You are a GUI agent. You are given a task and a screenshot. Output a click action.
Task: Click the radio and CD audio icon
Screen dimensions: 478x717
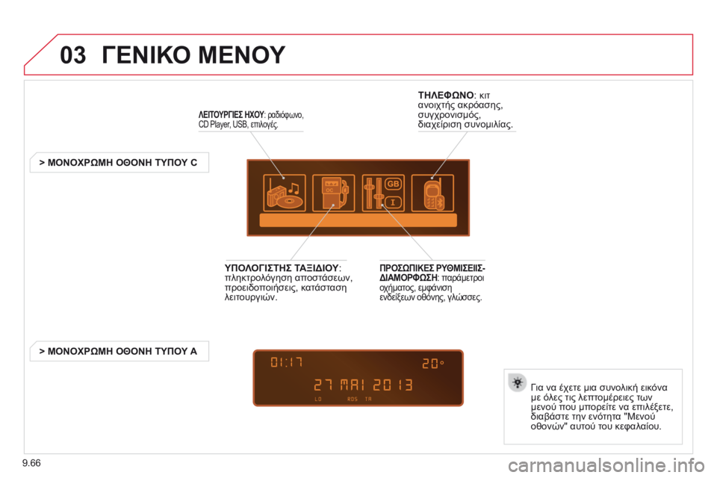[284, 193]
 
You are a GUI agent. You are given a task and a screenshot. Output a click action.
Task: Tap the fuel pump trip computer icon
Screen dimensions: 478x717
[333, 193]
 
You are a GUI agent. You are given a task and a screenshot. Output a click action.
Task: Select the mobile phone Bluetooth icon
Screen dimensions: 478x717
[433, 193]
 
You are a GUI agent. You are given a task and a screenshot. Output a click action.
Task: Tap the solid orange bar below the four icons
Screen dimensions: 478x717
[358, 221]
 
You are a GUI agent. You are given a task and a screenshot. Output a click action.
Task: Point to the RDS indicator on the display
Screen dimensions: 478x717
[353, 400]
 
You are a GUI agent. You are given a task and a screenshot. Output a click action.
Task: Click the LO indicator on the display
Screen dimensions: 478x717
[319, 400]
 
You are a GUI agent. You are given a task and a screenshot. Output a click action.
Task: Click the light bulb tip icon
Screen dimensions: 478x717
[517, 382]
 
